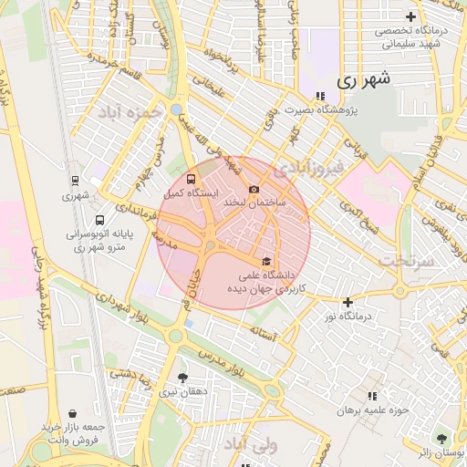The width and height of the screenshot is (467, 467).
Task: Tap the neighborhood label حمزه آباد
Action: [131, 112]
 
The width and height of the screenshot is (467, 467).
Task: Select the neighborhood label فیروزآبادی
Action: [311, 169]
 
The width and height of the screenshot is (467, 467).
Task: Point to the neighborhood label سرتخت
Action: [404, 261]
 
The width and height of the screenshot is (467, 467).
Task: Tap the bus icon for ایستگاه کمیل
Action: [191, 179]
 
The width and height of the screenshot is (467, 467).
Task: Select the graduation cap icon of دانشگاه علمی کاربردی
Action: [266, 261]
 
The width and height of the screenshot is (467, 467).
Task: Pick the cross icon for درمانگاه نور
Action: [348, 302]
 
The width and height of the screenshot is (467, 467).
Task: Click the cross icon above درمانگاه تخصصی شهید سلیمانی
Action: [410, 16]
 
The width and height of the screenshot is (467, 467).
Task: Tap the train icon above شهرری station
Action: [74, 180]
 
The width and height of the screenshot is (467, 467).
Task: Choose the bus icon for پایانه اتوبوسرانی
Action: [99, 220]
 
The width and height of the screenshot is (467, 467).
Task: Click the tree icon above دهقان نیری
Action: [182, 377]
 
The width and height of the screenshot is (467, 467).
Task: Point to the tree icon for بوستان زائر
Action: [441, 438]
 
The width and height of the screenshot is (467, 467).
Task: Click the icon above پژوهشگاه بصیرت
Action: [319, 96]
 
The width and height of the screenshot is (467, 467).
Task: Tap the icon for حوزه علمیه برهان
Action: [371, 396]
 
